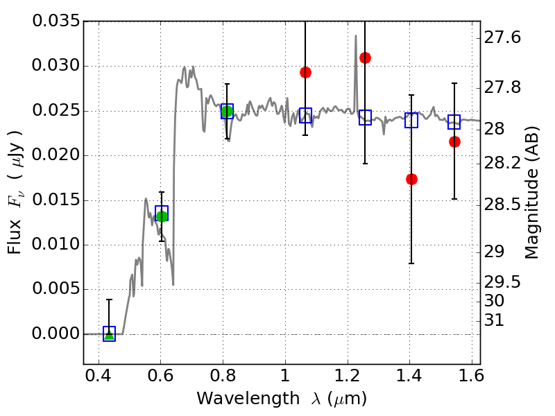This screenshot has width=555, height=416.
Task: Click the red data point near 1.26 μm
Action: [365, 58]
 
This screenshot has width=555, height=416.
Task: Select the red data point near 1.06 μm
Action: [305, 72]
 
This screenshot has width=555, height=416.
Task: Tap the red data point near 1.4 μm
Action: [411, 179]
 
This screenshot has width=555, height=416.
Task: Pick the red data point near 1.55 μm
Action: [454, 141]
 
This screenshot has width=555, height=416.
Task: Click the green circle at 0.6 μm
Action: [162, 216]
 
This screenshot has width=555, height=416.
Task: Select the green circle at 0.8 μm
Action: [226, 111]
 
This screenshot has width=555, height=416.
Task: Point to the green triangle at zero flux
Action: [109, 335]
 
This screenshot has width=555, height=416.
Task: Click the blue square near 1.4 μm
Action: [411, 120]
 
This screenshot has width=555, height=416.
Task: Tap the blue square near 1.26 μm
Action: [365, 117]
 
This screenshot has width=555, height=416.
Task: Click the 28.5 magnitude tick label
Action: [504, 205]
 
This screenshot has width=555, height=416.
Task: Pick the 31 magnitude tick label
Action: [498, 320]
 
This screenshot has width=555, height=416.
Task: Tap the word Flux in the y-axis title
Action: [15, 239]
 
